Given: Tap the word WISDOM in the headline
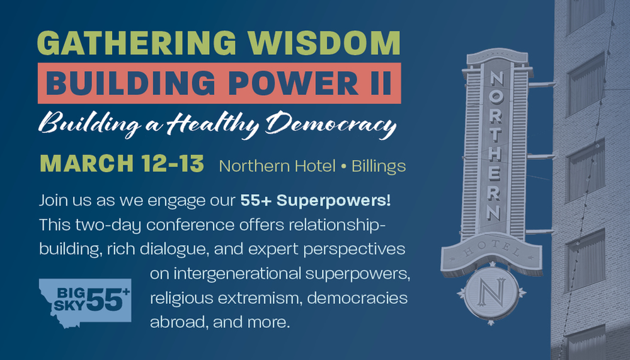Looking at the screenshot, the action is [324, 43].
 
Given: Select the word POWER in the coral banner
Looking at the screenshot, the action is [295, 83].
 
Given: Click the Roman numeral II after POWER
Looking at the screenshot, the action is [381, 83].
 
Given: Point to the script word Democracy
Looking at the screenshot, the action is [331, 123].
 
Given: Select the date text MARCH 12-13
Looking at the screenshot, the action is [122, 164].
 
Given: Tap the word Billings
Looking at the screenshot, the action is [379, 166].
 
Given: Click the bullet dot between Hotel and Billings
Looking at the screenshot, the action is [343, 166].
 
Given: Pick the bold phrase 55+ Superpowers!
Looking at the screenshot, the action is [316, 200].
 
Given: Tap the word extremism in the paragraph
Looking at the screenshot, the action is [260, 298].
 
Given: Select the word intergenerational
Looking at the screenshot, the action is [237, 274].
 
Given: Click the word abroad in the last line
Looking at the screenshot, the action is [178, 322].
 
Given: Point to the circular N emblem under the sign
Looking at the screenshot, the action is [491, 293].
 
